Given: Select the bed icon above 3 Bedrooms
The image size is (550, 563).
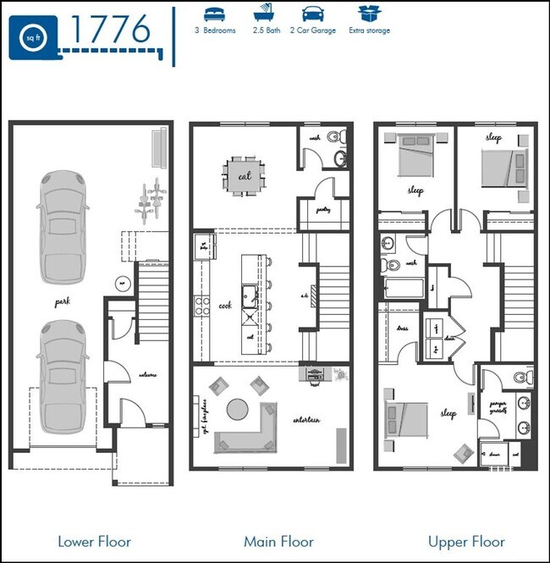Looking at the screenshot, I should pos(215,14).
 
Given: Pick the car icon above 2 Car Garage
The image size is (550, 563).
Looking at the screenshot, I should pos(312,14).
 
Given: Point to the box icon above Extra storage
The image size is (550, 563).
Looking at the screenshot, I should pos(368,14).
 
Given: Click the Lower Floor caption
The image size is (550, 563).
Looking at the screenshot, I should pos(94,541).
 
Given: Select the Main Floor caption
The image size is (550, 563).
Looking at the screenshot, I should pos(278,541).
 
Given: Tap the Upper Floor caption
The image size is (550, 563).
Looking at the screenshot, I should pos(466,541).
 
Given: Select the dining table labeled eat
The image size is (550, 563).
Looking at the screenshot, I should pos(245,176).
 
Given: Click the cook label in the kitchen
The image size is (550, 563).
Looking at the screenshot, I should pos(225,306).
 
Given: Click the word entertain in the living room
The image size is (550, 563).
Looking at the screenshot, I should pos(305,420).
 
